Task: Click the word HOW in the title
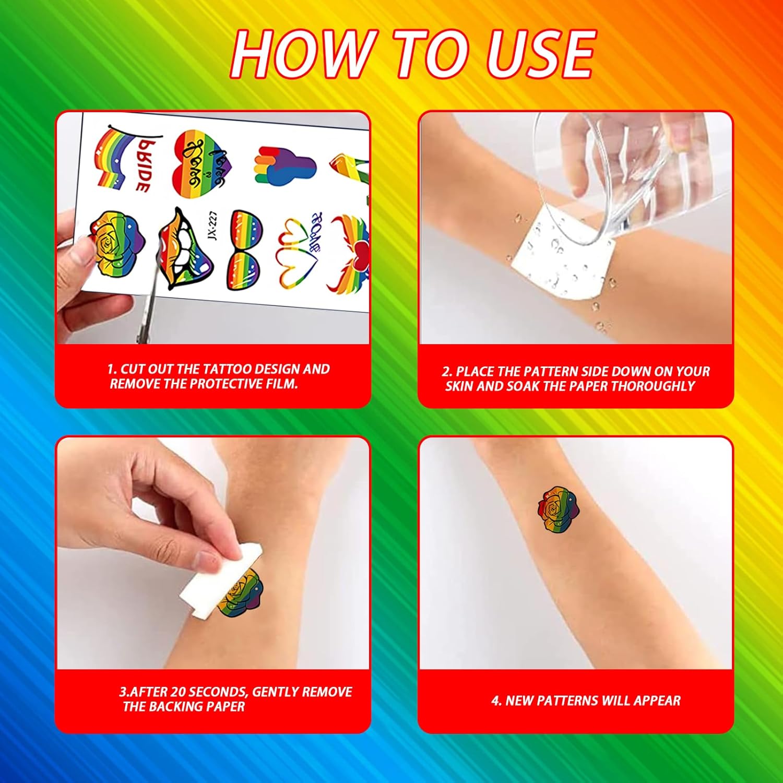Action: point(300,53)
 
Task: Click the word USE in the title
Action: point(540,53)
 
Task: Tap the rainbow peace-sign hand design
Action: point(285,165)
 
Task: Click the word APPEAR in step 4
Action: point(657,701)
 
